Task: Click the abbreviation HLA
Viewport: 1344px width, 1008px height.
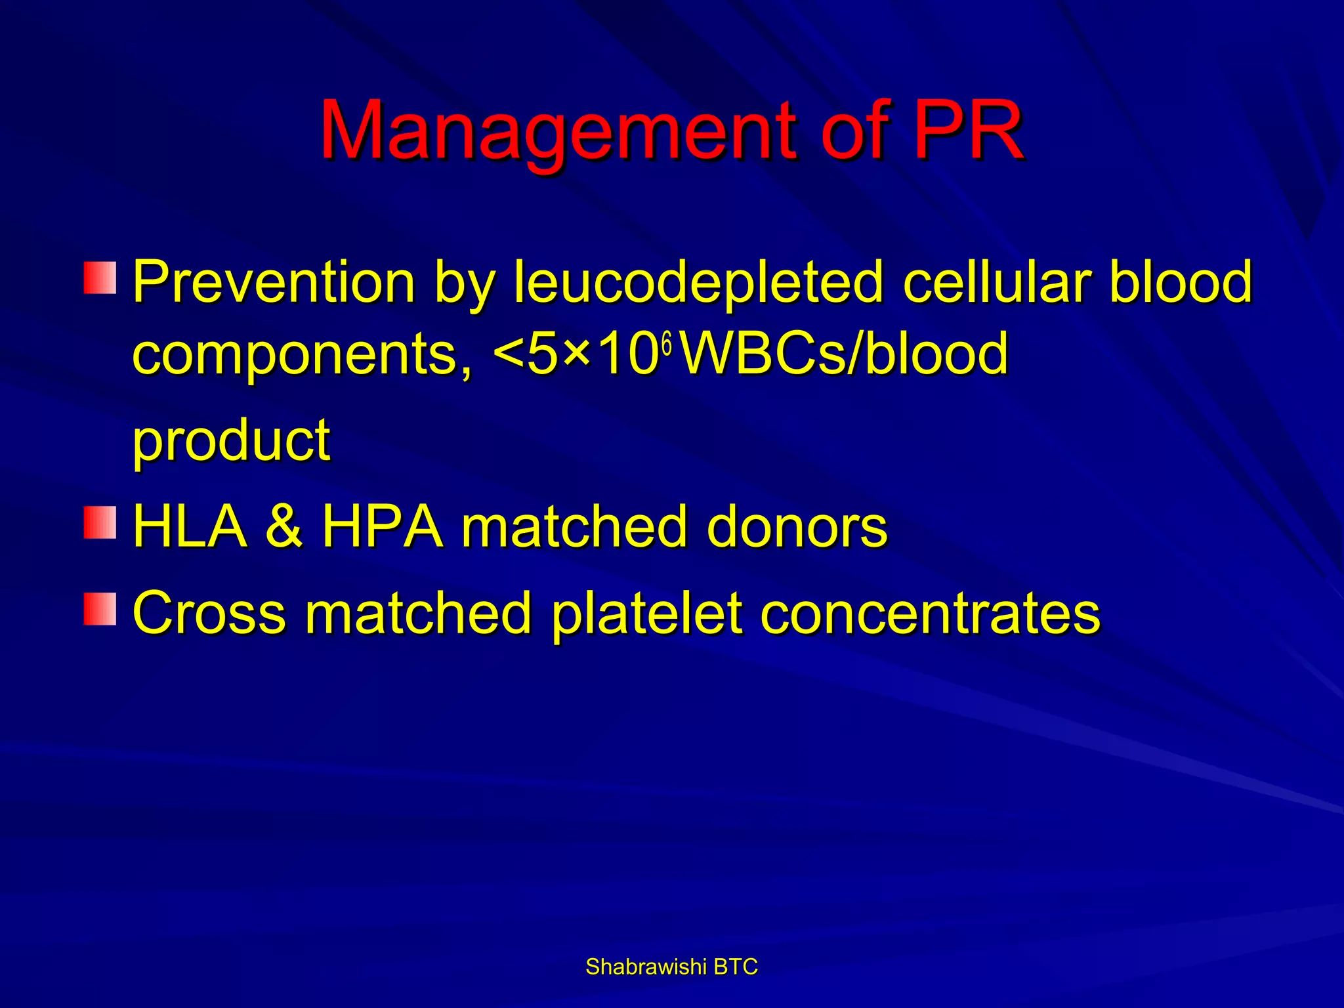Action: tap(190, 527)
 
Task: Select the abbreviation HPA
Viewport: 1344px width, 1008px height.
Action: tap(383, 527)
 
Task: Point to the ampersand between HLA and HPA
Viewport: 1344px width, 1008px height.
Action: tap(285, 527)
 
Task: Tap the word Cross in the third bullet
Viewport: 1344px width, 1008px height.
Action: tap(209, 613)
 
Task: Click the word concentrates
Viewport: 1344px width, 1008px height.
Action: tap(930, 613)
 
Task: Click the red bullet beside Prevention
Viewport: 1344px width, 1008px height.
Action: tap(100, 277)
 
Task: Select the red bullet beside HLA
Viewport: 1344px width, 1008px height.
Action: tap(100, 522)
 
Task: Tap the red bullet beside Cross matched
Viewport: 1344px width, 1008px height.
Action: tap(100, 608)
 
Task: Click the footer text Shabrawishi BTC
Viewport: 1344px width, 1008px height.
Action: tap(671, 967)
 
